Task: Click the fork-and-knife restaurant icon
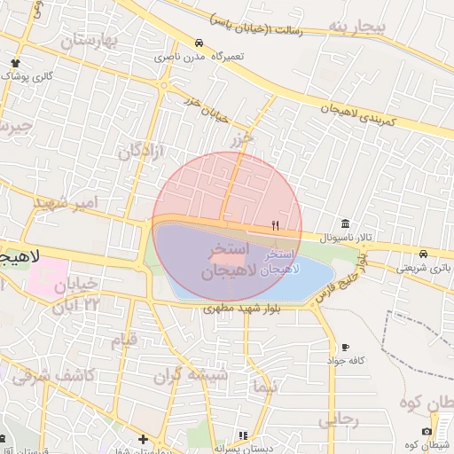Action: coord(275,225)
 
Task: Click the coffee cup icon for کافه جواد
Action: coord(344,347)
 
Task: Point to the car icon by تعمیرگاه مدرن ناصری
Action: coord(200,43)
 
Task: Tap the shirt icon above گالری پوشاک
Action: coord(16,62)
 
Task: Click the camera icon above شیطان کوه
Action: coord(427,431)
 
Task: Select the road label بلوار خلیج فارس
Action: coord(336,282)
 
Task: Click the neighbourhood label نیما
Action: coord(263,387)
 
